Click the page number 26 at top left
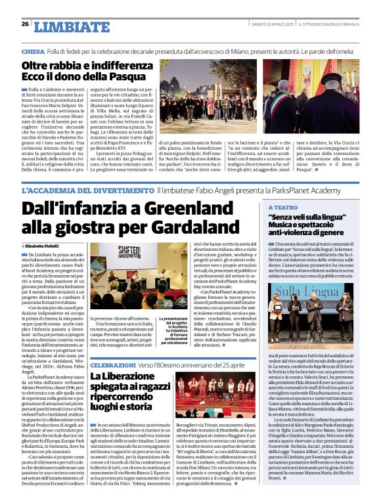[x=25, y=24]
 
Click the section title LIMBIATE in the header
[x=62, y=27]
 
